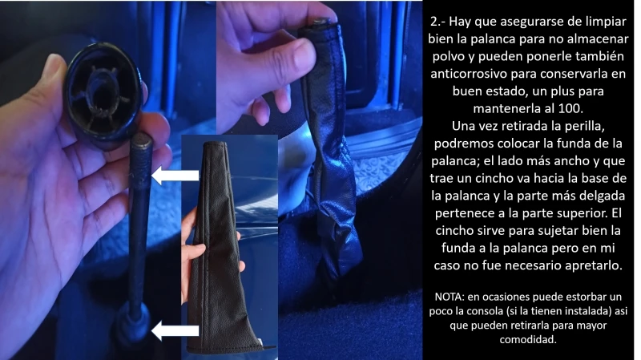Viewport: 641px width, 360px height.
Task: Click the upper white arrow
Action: click(175, 175)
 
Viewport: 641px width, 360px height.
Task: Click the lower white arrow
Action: click(175, 330)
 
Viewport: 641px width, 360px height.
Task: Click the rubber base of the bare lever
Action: click(132, 325)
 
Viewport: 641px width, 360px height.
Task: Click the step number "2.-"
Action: click(437, 22)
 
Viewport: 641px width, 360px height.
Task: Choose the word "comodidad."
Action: click(528, 339)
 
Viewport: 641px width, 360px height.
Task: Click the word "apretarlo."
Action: click(593, 265)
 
